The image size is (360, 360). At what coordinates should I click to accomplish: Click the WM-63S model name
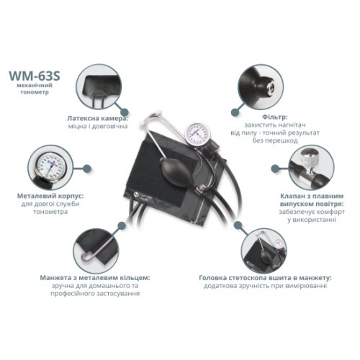(x=35, y=76)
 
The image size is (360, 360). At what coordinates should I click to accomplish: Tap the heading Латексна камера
(x=97, y=118)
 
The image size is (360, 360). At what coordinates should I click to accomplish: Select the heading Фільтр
(x=274, y=117)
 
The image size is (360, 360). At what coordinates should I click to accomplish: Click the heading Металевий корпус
(x=50, y=196)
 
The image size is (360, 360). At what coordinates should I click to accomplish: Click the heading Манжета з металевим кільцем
(x=95, y=278)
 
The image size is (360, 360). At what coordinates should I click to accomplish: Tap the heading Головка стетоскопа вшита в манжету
(x=265, y=278)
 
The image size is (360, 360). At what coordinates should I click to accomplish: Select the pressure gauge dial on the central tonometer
(x=197, y=134)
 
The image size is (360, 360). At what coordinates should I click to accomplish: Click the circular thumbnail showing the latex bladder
(x=99, y=86)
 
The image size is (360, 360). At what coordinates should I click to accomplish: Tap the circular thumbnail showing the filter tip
(x=261, y=86)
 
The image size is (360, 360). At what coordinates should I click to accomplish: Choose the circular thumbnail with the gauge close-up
(x=50, y=168)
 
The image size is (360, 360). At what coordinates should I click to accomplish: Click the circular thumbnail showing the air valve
(x=311, y=168)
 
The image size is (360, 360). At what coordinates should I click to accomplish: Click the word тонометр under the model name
(x=35, y=92)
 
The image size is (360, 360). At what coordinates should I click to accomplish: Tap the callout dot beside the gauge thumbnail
(x=87, y=168)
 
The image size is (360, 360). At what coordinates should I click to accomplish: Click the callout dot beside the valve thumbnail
(x=275, y=168)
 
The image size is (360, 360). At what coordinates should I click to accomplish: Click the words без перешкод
(x=275, y=140)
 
